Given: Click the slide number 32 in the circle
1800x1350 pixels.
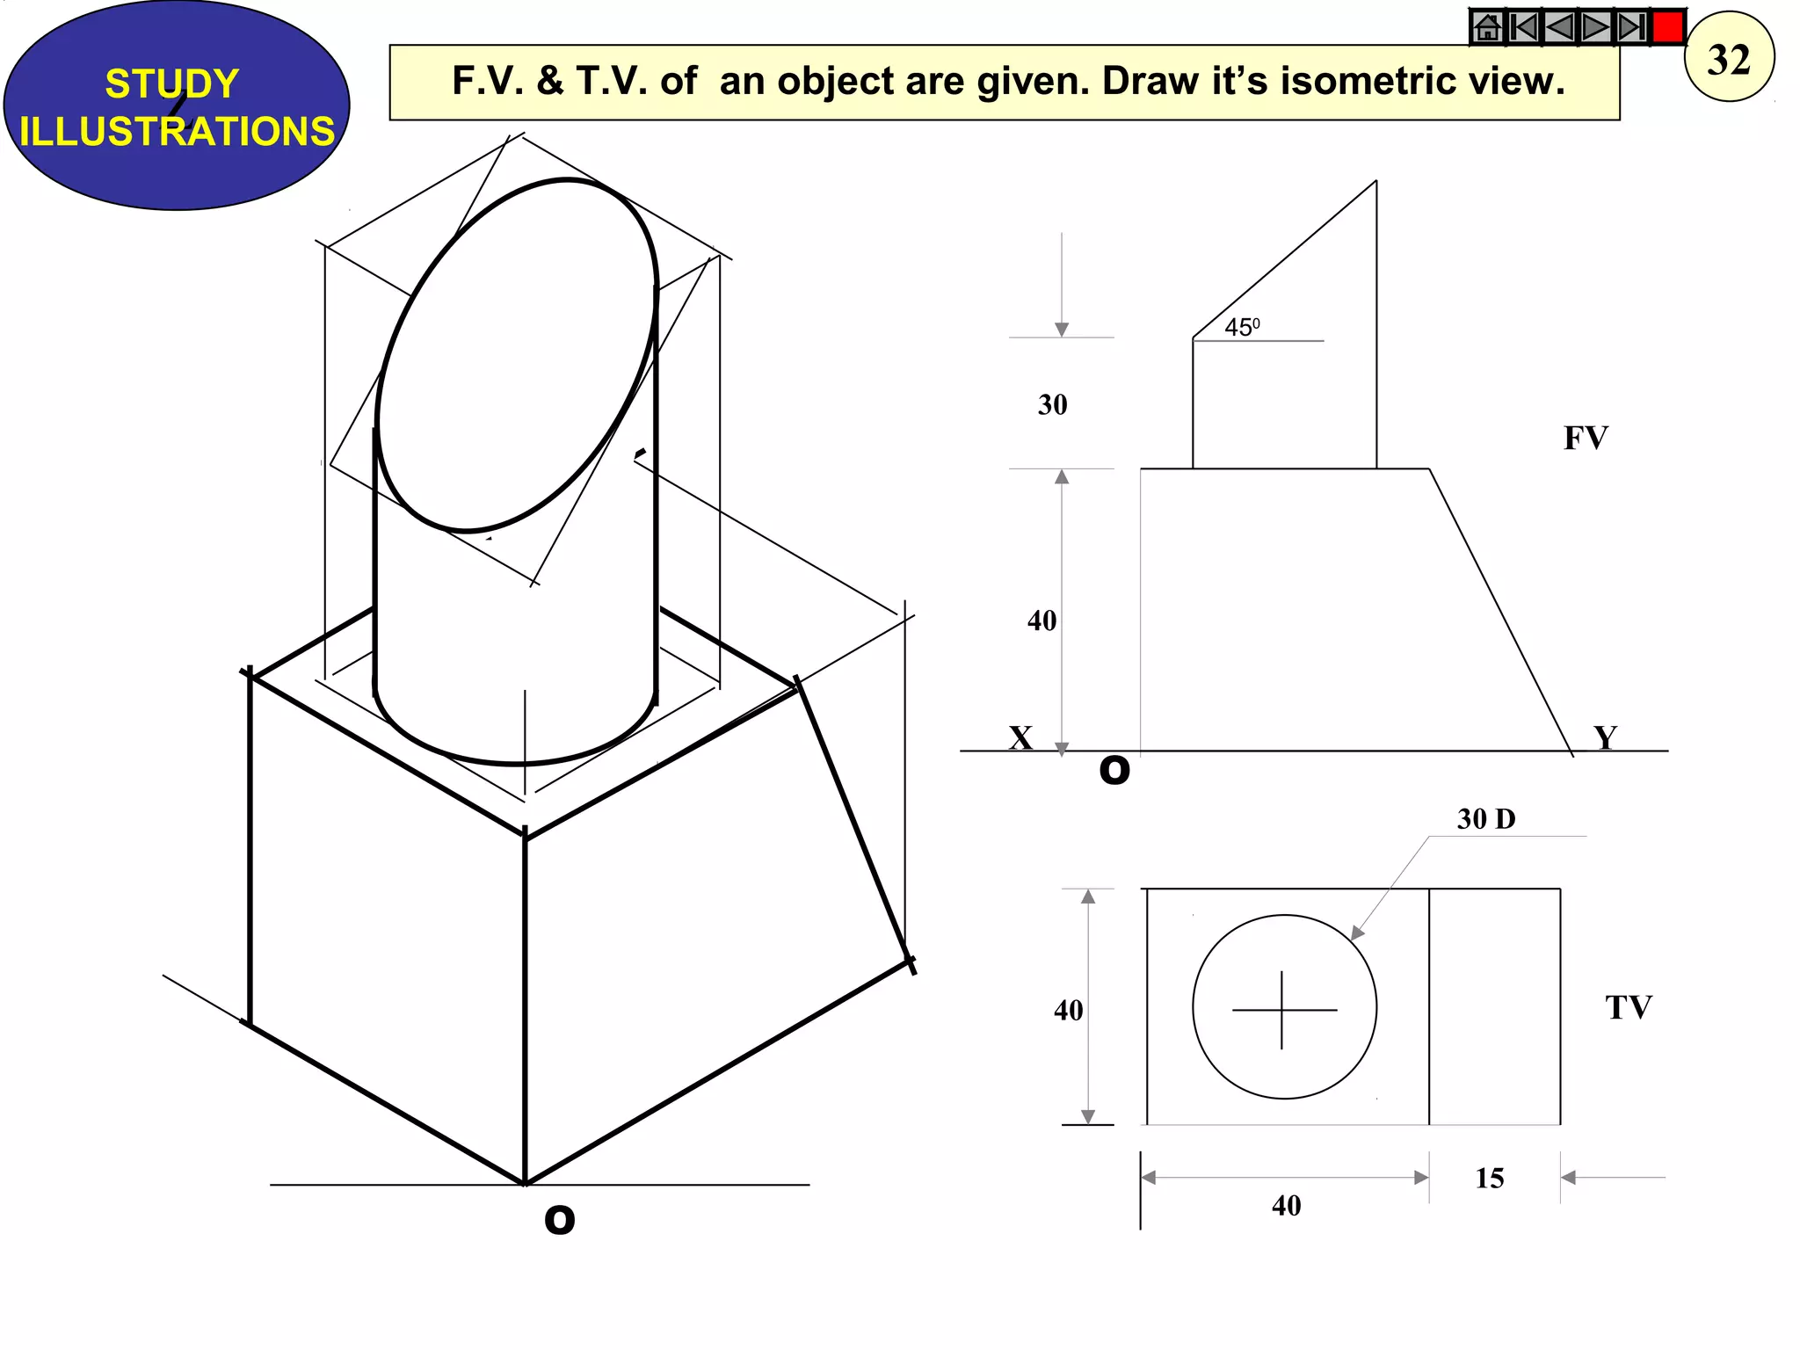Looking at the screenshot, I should click(x=1729, y=59).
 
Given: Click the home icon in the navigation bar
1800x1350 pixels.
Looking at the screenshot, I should click(x=1487, y=27).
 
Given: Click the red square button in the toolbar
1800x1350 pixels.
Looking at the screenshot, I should click(x=1667, y=27).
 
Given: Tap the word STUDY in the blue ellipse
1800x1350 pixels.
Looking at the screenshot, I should click(x=172, y=84).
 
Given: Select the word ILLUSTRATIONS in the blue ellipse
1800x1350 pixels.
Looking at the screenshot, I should click(x=177, y=132).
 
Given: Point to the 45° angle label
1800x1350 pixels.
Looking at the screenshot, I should click(x=1242, y=328).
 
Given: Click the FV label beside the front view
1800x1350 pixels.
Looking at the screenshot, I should click(x=1586, y=438).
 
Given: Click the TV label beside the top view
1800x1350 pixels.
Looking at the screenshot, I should click(x=1628, y=1007).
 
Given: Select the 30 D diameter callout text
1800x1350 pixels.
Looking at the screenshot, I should click(x=1486, y=819).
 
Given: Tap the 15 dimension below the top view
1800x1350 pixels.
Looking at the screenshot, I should click(x=1489, y=1178).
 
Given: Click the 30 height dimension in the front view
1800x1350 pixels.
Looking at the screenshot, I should click(x=1052, y=404).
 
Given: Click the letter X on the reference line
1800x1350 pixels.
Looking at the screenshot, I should click(x=1020, y=737).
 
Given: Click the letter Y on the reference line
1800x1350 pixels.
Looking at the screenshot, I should click(x=1605, y=737).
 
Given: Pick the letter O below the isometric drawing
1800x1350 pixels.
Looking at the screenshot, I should click(x=559, y=1220).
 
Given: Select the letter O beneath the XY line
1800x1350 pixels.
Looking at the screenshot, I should click(x=1114, y=771).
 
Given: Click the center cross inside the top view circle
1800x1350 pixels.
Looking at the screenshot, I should click(x=1282, y=1010).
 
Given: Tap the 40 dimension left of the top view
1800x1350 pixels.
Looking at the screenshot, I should click(x=1068, y=1011).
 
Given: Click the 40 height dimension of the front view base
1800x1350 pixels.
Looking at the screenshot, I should click(x=1042, y=621).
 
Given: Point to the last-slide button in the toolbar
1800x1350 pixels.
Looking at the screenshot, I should click(x=1631, y=27).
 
